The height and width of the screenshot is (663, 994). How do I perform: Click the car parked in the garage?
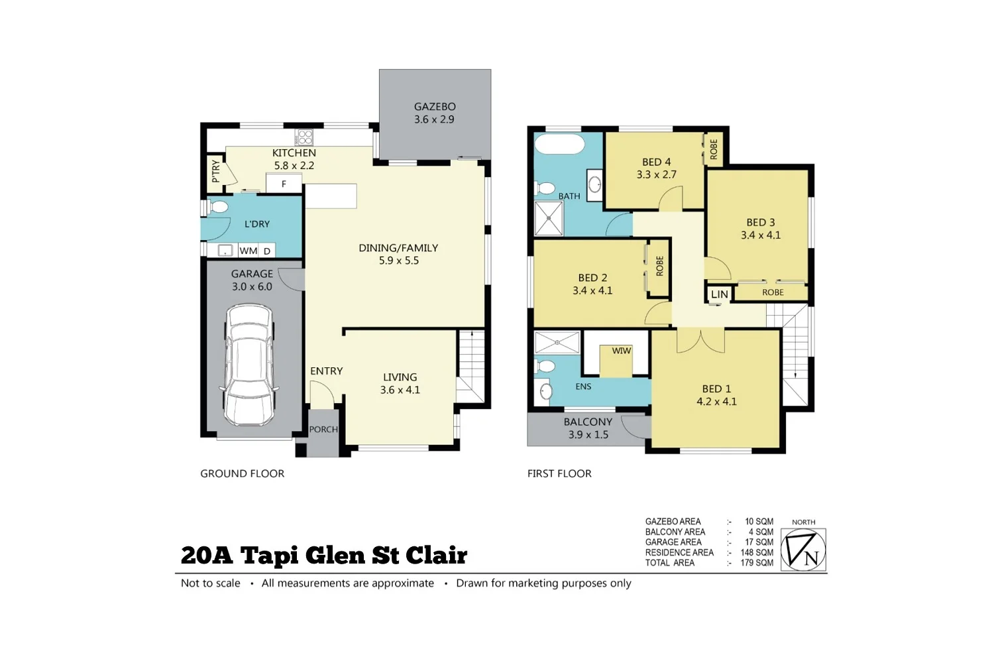[248, 365]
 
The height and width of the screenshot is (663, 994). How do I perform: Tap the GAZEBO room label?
[435, 107]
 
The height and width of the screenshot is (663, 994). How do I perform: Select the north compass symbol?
[803, 550]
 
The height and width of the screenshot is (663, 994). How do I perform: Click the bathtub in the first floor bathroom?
[559, 144]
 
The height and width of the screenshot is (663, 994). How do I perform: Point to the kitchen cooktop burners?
[305, 137]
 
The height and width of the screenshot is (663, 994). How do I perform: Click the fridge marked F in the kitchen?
[284, 184]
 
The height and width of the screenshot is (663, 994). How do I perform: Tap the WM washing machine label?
[248, 251]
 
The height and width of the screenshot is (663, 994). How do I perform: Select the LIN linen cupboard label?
[719, 294]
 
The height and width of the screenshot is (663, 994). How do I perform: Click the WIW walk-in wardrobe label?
[621, 351]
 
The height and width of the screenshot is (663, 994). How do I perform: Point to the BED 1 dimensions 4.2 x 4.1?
[716, 402]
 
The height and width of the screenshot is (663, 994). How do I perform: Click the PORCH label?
[323, 430]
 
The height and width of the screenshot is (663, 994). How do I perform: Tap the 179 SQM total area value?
[757, 563]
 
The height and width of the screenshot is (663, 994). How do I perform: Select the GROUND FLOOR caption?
[242, 473]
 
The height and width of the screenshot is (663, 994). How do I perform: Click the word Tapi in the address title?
[269, 556]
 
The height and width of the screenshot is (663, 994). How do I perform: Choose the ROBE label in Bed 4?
[714, 149]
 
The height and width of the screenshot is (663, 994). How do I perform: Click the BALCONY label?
[588, 422]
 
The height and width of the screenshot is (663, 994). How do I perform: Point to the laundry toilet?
[219, 207]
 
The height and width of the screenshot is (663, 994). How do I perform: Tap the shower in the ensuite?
[557, 343]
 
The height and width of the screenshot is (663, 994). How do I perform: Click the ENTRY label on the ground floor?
[327, 371]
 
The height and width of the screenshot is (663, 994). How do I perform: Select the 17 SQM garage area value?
[759, 542]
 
